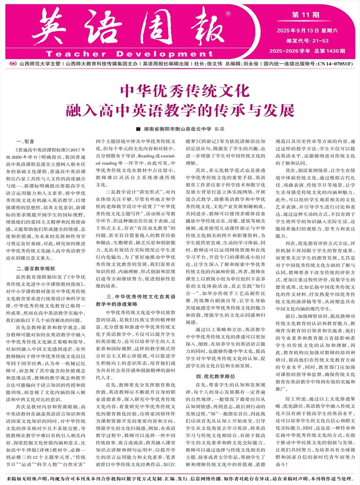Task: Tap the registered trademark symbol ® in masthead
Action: (x=228, y=14)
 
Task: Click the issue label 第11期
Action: (x=306, y=15)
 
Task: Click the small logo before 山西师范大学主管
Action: (x=13, y=64)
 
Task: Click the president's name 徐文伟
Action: (x=215, y=64)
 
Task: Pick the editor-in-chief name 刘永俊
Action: (x=251, y=64)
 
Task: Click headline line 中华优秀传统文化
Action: (x=180, y=91)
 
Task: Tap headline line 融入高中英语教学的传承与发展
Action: (x=180, y=110)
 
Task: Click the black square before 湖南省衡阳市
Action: (x=138, y=129)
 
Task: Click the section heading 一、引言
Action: (x=25, y=141)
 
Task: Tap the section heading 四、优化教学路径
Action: (x=215, y=376)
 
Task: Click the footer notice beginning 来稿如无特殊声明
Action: (x=180, y=479)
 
